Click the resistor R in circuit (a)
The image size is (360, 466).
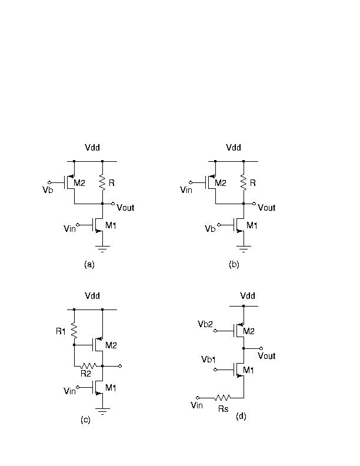coord(103,182)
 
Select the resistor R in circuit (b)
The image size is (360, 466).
coord(244,182)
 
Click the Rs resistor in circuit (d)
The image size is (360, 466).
coord(224,398)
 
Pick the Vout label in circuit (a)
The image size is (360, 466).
coord(125,208)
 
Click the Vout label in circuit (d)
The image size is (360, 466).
coord(266,356)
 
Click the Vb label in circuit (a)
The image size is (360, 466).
coord(48,190)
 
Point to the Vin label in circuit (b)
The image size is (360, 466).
coord(187,189)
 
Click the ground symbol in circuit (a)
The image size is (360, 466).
coord(103,247)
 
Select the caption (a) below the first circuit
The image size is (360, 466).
coord(89,265)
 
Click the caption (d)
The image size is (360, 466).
coord(241,416)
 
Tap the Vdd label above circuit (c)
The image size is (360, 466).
coord(92,296)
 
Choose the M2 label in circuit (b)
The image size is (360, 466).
coord(221,183)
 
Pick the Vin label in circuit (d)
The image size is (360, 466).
coord(196,405)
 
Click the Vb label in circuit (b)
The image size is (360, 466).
coord(209,229)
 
